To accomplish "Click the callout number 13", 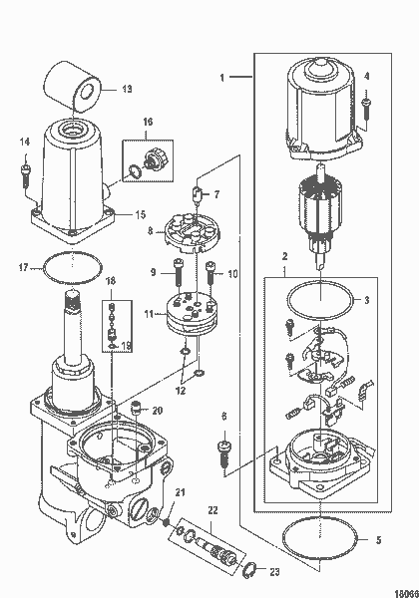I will (x=127, y=89).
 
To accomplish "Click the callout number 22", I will (x=211, y=512).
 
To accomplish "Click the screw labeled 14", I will (x=24, y=173).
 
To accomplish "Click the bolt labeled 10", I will (x=210, y=270).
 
